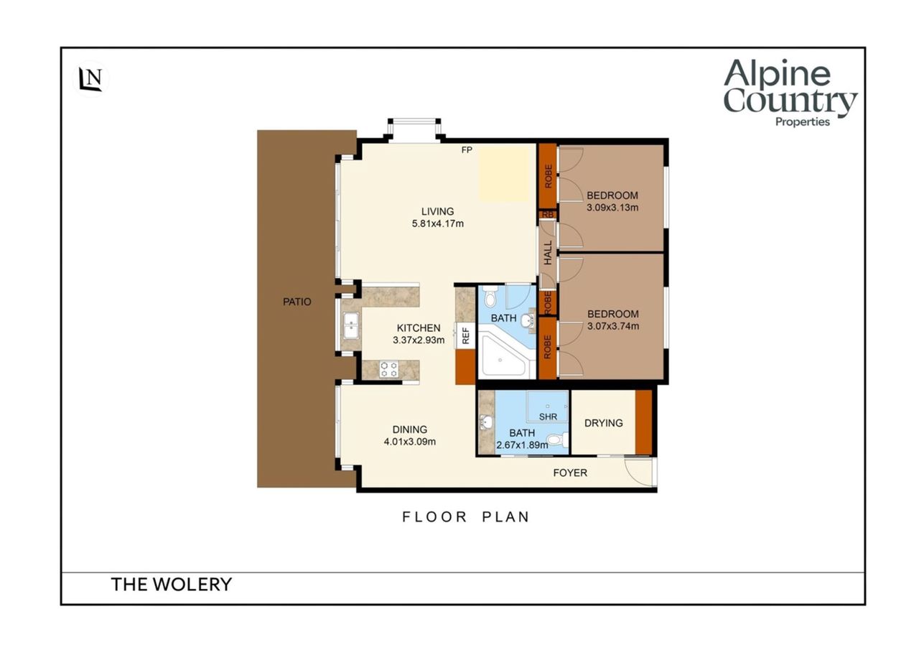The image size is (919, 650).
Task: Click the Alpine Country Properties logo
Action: tap(790, 93)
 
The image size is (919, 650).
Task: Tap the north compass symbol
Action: tap(90, 78)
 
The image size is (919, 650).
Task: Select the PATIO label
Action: tap(297, 302)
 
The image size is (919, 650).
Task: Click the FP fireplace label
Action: tap(467, 150)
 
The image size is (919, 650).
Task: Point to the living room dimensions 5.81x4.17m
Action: tap(438, 224)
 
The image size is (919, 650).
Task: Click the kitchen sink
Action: tap(351, 325)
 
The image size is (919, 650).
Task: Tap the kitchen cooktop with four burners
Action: tap(388, 368)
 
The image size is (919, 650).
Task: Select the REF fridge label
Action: tap(466, 335)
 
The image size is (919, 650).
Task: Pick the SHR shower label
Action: tap(548, 417)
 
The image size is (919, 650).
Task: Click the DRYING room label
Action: tap(604, 423)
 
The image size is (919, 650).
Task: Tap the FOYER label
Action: tap(570, 473)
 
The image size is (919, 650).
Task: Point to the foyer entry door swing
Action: tap(638, 473)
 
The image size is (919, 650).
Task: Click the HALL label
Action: tap(548, 253)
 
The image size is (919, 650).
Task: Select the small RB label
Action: tap(548, 215)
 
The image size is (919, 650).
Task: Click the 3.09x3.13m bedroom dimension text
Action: tap(612, 208)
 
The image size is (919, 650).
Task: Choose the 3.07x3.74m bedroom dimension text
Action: tap(613, 326)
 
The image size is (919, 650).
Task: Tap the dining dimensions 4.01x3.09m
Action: tap(409, 442)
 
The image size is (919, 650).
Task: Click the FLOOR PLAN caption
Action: tap(466, 517)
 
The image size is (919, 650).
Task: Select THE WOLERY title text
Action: tap(172, 585)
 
